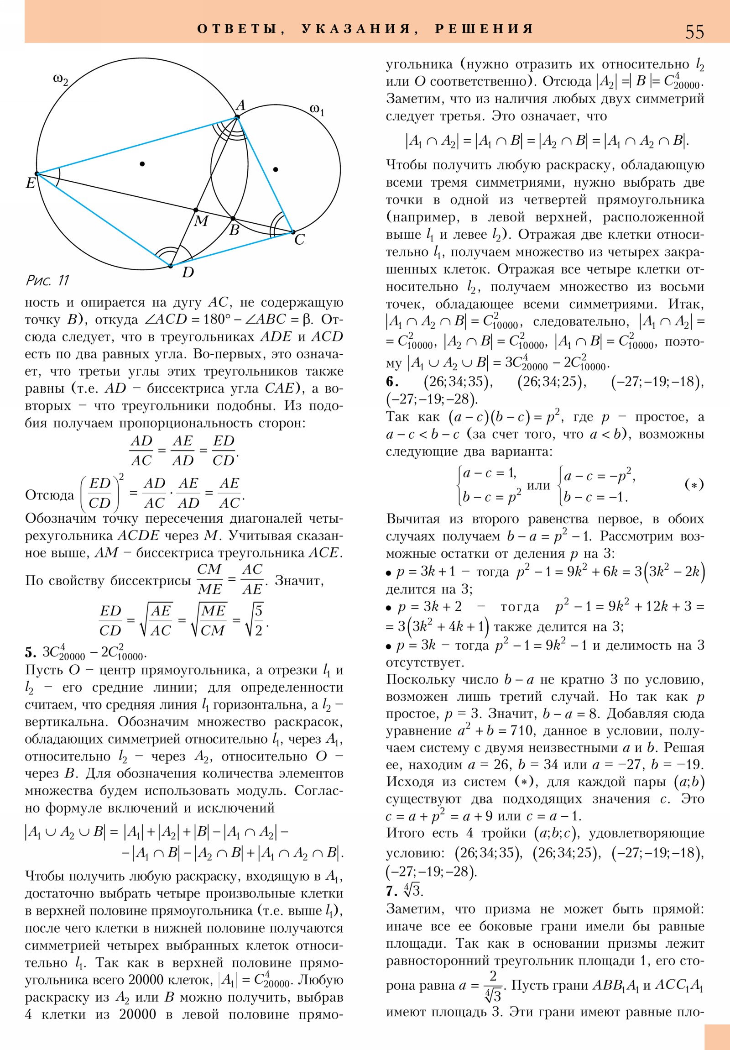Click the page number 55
click(694, 32)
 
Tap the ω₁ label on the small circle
click(317, 110)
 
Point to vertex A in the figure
click(237, 117)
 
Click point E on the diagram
click(37, 174)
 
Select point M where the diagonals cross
click(196, 210)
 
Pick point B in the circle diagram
click(233, 219)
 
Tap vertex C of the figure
click(293, 232)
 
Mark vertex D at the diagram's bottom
click(171, 266)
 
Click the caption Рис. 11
click(47, 280)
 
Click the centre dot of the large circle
click(143, 164)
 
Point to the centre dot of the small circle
click(275, 170)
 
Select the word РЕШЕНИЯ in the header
click(484, 29)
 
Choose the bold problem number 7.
click(391, 891)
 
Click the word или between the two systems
click(538, 485)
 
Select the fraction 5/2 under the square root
click(259, 620)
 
